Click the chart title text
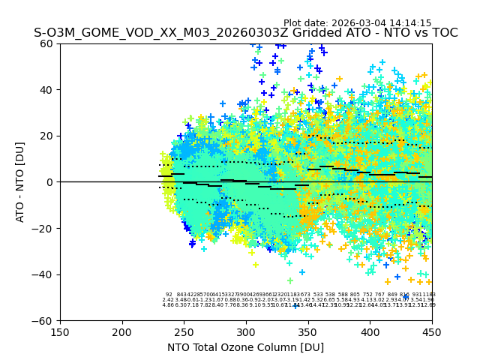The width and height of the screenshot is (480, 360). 245,33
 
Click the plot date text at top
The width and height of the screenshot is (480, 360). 357,23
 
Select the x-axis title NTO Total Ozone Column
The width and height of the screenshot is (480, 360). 245,347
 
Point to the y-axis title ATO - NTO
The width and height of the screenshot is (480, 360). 21,182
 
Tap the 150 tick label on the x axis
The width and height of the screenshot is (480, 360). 60,331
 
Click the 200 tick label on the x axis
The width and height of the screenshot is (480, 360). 122,331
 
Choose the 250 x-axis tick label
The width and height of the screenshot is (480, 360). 184,331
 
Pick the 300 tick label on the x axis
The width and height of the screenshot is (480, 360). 246,331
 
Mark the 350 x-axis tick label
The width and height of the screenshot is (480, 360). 308,331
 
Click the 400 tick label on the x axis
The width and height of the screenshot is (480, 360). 370,331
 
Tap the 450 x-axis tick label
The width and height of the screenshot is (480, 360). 432,331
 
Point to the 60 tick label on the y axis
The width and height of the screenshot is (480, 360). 47,43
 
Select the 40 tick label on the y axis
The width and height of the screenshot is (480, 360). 47,90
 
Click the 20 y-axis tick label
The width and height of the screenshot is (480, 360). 47,136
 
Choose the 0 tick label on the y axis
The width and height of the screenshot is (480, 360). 50,182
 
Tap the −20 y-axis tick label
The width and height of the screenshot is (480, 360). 44,228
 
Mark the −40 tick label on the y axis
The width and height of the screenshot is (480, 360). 44,274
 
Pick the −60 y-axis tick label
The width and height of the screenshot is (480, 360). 44,320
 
